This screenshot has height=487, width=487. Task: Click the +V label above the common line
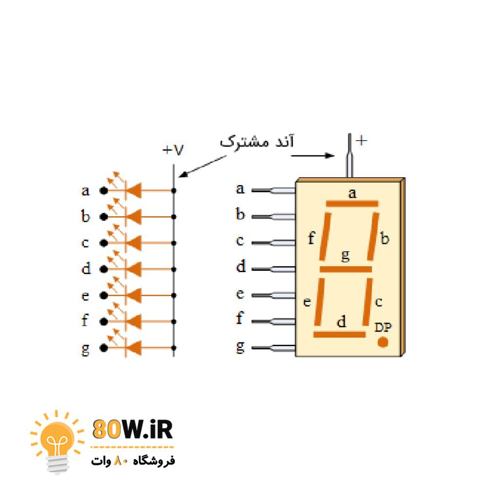pos(173,150)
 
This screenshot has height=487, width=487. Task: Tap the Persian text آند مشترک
pos(257,141)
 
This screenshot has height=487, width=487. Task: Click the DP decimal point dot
pos(383,342)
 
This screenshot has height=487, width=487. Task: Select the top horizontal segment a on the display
pos(352,204)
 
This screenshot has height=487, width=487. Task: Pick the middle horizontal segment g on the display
pos(346,269)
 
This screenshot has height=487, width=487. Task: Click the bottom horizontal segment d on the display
pos(339,335)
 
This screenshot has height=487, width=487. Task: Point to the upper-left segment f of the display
pos(325,236)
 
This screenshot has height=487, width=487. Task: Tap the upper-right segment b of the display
pos(373,236)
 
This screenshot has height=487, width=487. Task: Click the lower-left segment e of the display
pos(319,301)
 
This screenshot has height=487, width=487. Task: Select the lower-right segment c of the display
pos(367,301)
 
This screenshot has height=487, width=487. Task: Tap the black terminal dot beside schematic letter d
pos(104,269)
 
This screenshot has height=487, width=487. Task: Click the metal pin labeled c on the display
pos(273,243)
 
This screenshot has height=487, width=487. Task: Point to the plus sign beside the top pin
pos(361,141)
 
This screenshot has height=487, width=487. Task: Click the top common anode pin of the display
pos(350,155)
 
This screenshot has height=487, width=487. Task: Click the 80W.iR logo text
pos(132,429)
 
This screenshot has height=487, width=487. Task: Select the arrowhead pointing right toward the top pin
pos(330,155)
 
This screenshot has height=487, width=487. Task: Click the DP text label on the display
pos(383,327)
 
